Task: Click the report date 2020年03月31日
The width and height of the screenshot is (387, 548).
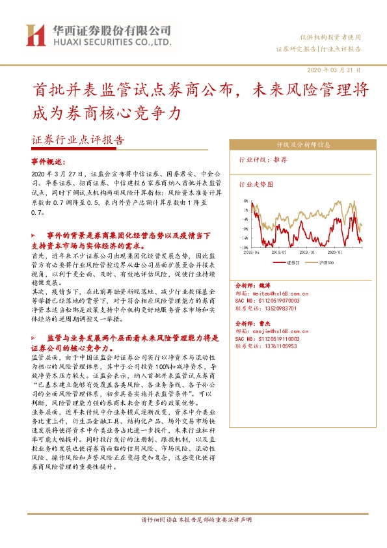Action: click(333, 70)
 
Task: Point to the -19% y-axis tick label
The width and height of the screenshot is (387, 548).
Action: click(244, 247)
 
